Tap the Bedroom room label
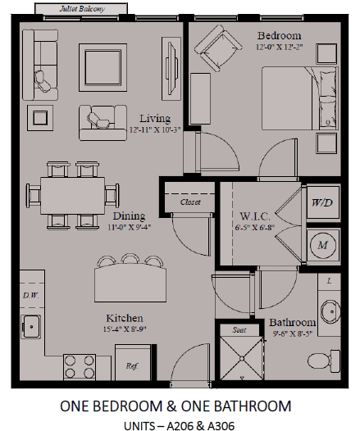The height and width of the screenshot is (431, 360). click(x=279, y=36)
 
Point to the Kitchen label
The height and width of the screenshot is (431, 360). click(x=124, y=317)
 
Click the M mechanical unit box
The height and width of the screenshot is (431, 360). click(x=321, y=243)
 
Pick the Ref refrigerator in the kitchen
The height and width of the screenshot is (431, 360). click(x=130, y=365)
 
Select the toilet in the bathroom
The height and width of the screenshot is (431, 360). click(x=335, y=358)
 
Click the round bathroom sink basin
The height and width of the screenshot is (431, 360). click(x=329, y=312)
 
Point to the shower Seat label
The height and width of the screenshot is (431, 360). click(x=240, y=330)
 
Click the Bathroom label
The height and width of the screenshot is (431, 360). click(x=292, y=323)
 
